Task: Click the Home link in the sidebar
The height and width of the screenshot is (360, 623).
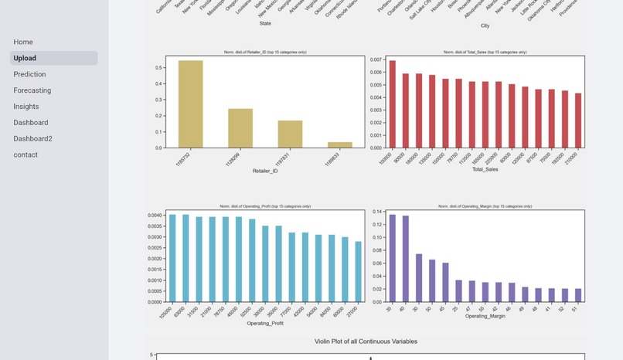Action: tap(23, 42)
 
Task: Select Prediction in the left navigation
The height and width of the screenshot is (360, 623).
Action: tap(29, 74)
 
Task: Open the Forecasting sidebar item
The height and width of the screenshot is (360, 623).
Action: tap(32, 90)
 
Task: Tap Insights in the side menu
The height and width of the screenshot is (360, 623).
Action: tap(26, 107)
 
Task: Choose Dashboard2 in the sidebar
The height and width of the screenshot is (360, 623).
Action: tap(32, 139)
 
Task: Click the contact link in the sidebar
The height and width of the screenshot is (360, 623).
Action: tap(26, 155)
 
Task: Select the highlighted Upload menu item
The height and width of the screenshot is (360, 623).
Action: tap(25, 58)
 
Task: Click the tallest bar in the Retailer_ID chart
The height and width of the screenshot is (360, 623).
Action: tap(190, 104)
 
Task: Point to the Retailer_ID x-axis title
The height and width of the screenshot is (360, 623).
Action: tap(265, 171)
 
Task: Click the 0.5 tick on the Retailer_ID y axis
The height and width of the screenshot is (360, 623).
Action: tap(158, 67)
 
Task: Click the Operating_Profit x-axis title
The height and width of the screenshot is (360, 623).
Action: tap(265, 323)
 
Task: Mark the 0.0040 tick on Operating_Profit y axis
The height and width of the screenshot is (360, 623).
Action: tap(155, 216)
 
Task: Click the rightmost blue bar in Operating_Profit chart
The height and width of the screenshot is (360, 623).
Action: tap(359, 272)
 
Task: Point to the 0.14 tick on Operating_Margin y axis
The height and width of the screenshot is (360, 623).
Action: tap(378, 212)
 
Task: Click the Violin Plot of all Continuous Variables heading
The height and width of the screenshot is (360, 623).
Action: tap(366, 341)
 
